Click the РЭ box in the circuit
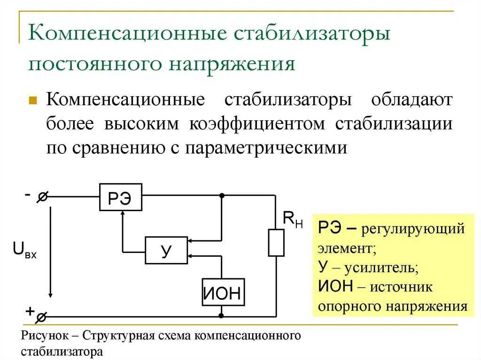[120, 197]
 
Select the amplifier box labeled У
[166, 250]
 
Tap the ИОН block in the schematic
[224, 292]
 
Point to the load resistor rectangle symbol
[276, 243]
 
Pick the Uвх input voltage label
[25, 250]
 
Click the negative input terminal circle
[41, 198]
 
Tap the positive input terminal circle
[41, 317]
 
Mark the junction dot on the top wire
[222, 195]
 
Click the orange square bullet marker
[33, 100]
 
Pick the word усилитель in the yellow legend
[380, 268]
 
